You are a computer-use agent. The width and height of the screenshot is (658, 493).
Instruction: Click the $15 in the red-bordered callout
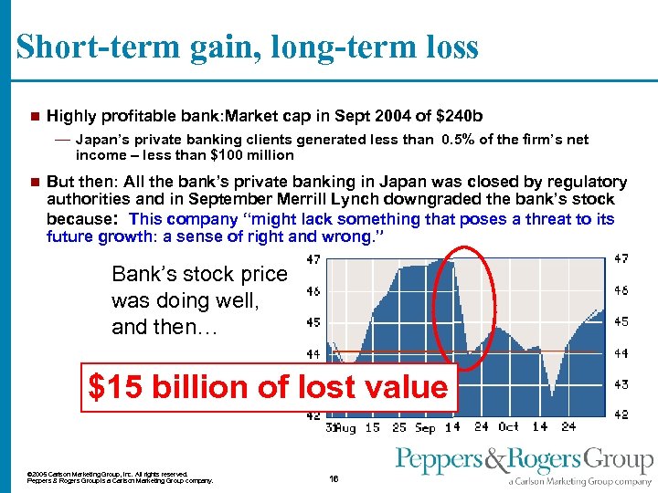point(112,387)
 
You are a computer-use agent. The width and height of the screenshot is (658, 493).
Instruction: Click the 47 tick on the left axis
point(313,259)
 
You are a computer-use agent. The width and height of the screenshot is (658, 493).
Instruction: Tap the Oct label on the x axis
point(509,427)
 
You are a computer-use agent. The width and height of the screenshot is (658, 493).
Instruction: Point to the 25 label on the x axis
point(399,427)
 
